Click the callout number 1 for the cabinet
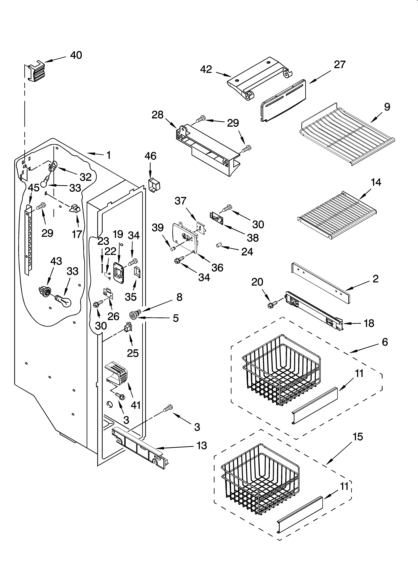click(x=108, y=155)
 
